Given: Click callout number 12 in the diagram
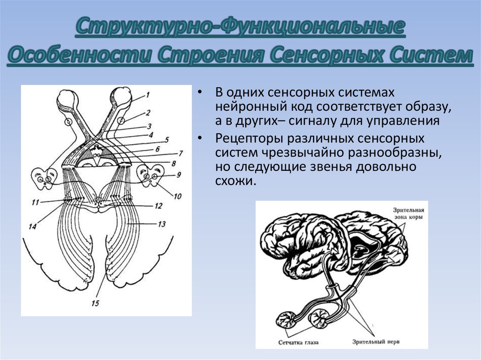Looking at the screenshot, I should [158, 206].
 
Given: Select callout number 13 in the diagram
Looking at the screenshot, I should [161, 224].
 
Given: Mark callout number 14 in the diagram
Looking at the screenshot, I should [32, 226].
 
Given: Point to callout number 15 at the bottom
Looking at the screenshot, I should [95, 303].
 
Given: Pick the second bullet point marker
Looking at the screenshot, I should [201, 139].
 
